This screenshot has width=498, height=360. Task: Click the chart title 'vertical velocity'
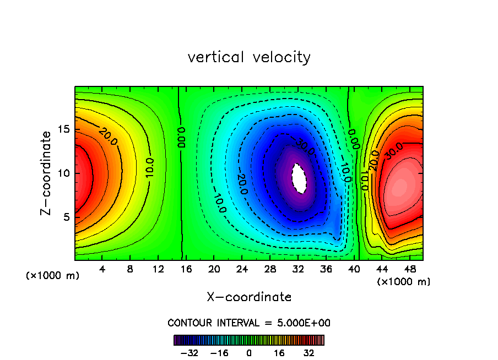[x=249, y=57]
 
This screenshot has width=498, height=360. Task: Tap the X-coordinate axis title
[x=249, y=297]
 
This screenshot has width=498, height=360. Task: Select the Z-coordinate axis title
[x=46, y=173]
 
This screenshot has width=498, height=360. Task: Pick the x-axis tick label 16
[x=186, y=269]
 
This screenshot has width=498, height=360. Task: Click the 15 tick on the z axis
[x=64, y=130]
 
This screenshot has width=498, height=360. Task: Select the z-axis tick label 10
[x=64, y=173]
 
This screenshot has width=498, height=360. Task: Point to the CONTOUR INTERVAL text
[x=249, y=323]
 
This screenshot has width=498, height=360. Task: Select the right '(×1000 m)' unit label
[x=404, y=281]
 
